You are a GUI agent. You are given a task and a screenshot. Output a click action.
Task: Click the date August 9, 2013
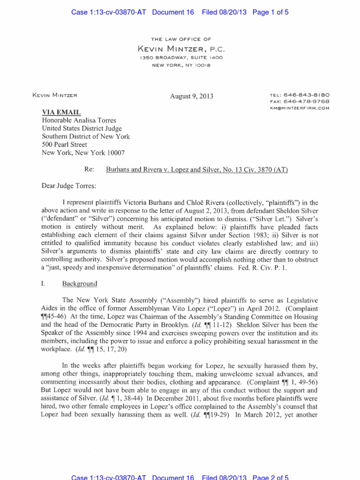point(192,96)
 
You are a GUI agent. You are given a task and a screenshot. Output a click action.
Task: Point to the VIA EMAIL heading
point(61,112)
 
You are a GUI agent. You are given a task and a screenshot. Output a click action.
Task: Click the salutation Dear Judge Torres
point(69,186)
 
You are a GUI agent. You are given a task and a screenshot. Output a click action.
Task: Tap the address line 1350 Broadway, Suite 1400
point(180,57)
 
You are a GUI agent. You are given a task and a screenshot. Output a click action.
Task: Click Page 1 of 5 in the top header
point(270,13)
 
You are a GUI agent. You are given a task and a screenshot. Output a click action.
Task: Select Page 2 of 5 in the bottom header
point(270,477)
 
